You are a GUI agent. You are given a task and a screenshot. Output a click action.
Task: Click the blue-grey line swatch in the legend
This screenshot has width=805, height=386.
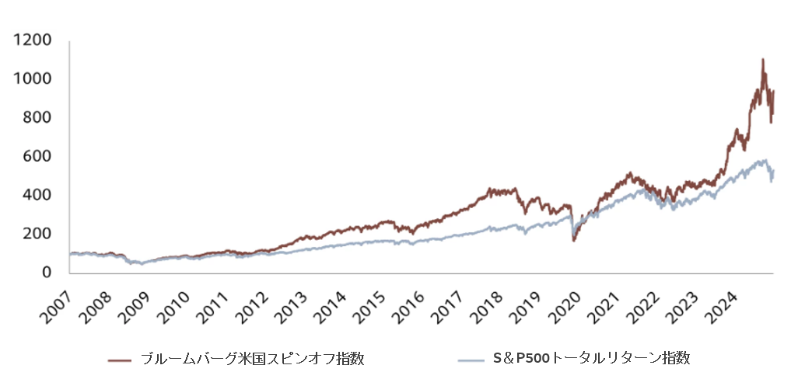click(471, 360)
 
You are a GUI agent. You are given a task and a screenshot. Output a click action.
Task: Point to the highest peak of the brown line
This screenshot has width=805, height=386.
click(762, 59)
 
